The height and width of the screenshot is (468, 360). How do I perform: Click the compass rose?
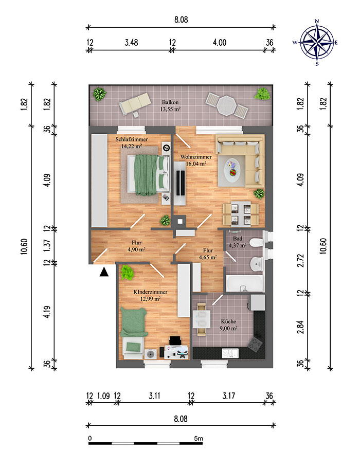pos(317,42)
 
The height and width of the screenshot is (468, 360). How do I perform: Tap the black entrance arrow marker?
pos(104,272)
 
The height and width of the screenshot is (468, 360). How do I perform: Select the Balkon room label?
pos(170,102)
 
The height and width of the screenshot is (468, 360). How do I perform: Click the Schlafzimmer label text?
pos(132,139)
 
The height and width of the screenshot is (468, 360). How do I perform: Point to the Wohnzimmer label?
pos(196,157)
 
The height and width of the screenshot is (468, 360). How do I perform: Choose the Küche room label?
pos(229,321)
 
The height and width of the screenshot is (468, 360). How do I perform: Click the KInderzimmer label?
pos(150,292)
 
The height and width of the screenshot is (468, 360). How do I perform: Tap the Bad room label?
pos(238,239)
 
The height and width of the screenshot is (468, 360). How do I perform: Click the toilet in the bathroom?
pos(256,243)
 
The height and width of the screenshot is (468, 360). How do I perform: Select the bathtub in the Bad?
pos(244,283)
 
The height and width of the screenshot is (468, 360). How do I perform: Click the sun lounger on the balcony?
pos(134,103)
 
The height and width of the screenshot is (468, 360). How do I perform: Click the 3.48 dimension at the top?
pos(131,42)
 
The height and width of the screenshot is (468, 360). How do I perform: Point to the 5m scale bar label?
pos(198,439)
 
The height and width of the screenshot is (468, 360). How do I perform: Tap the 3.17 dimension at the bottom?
pos(229,396)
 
